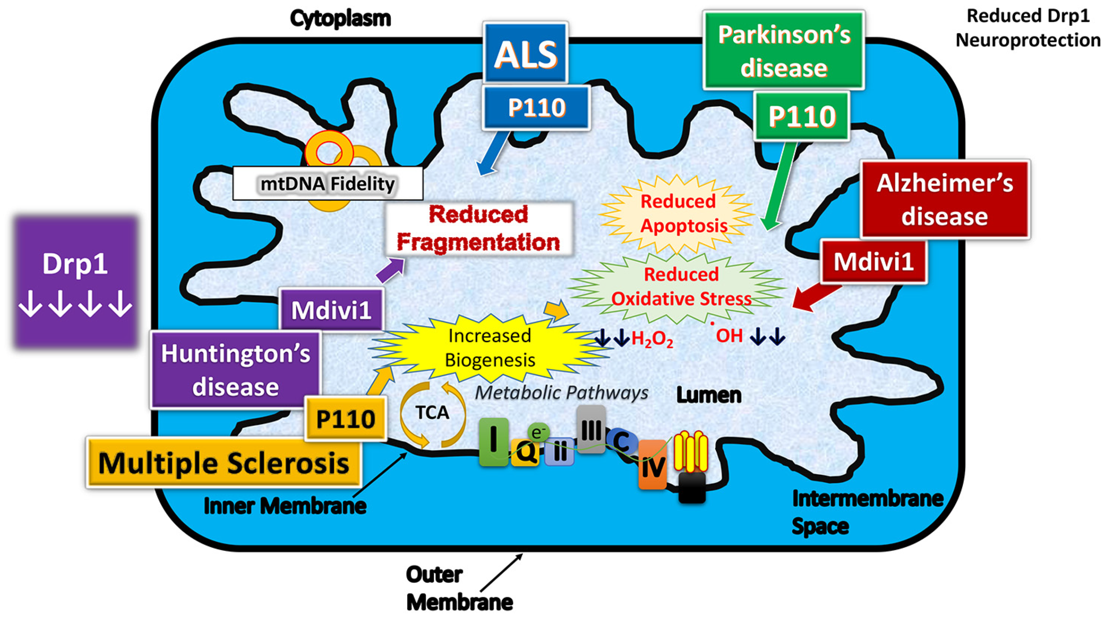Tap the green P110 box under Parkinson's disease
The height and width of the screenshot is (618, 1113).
(x=802, y=116)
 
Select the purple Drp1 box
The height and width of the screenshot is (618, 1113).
(x=75, y=282)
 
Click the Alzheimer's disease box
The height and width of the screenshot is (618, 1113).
(x=945, y=199)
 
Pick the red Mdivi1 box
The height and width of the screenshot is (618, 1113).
(x=874, y=262)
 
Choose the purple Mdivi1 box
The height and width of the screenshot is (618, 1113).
(x=331, y=309)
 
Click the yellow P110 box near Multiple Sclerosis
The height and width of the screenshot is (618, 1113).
(x=345, y=418)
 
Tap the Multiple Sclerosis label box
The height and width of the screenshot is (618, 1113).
(x=223, y=463)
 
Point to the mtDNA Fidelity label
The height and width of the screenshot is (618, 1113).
(x=328, y=184)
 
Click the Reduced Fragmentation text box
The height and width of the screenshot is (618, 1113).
(x=478, y=228)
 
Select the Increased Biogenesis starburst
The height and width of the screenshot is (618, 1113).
(x=490, y=348)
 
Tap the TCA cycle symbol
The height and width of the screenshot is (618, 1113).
(x=432, y=413)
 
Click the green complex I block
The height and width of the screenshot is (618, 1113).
(x=493, y=441)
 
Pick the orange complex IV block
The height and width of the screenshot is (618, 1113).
(x=652, y=465)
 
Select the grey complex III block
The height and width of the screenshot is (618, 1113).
(x=591, y=429)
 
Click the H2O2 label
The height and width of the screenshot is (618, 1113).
(x=652, y=339)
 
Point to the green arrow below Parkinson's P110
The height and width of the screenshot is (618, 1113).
(x=780, y=186)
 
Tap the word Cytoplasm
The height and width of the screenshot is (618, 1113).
(x=340, y=18)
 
